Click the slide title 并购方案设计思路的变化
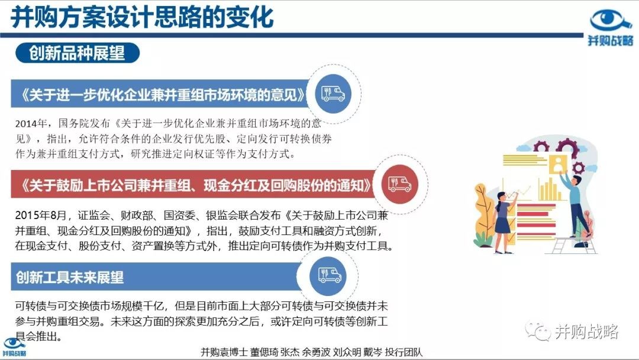pyautogui.click(x=142, y=18)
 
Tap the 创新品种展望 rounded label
pyautogui.click(x=78, y=53)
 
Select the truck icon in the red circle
pyautogui.click(x=399, y=184)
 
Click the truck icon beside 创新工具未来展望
pyautogui.click(x=330, y=275)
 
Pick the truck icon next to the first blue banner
pyautogui.click(x=333, y=94)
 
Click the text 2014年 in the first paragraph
pyautogui.click(x=31, y=124)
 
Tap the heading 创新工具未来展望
pyautogui.click(x=70, y=277)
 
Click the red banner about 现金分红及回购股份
pyautogui.click(x=194, y=185)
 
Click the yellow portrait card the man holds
pyautogui.click(x=558, y=164)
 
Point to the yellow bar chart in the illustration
pyautogui.click(x=549, y=190)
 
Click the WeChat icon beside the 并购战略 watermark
pyautogui.click(x=538, y=330)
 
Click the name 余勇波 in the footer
pyautogui.click(x=316, y=352)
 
